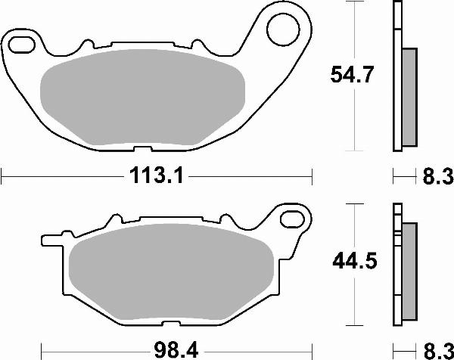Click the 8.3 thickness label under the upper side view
tap(437, 178)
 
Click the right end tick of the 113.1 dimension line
tap(312, 178)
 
